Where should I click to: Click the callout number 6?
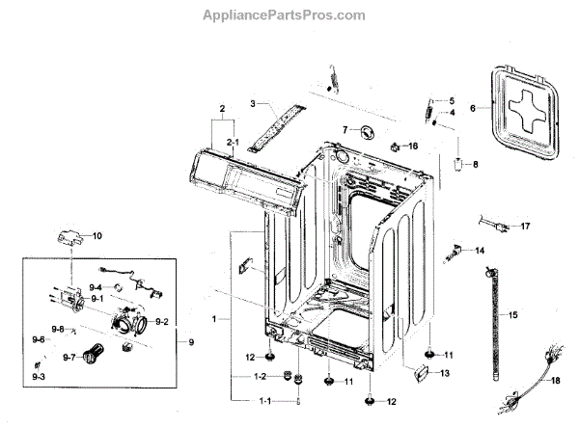coord(474,109)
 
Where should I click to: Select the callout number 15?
coord(512,314)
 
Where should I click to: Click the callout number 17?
coord(525,227)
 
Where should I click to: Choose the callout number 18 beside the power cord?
coord(554,381)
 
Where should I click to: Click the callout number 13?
coord(444,373)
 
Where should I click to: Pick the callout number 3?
coord(252,102)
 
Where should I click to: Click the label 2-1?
coord(232,142)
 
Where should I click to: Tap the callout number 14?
coord(480,251)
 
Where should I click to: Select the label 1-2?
coord(260,376)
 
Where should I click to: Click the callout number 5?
coord(450,100)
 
